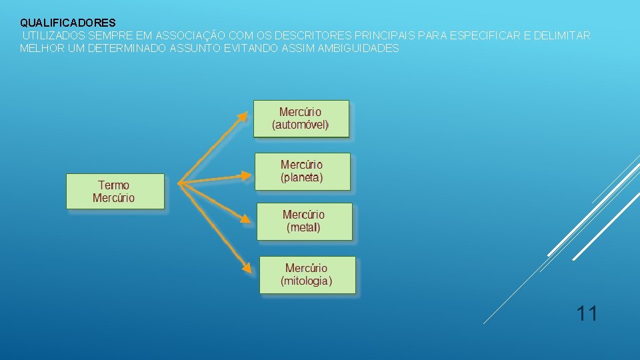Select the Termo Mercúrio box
(115, 191)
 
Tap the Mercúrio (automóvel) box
(301, 119)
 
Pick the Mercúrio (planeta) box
(302, 171)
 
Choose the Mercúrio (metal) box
(304, 221)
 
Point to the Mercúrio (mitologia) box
(307, 275)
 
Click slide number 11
(587, 313)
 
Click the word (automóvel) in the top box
(301, 125)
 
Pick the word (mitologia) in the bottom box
(307, 281)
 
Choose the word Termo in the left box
(114, 185)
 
